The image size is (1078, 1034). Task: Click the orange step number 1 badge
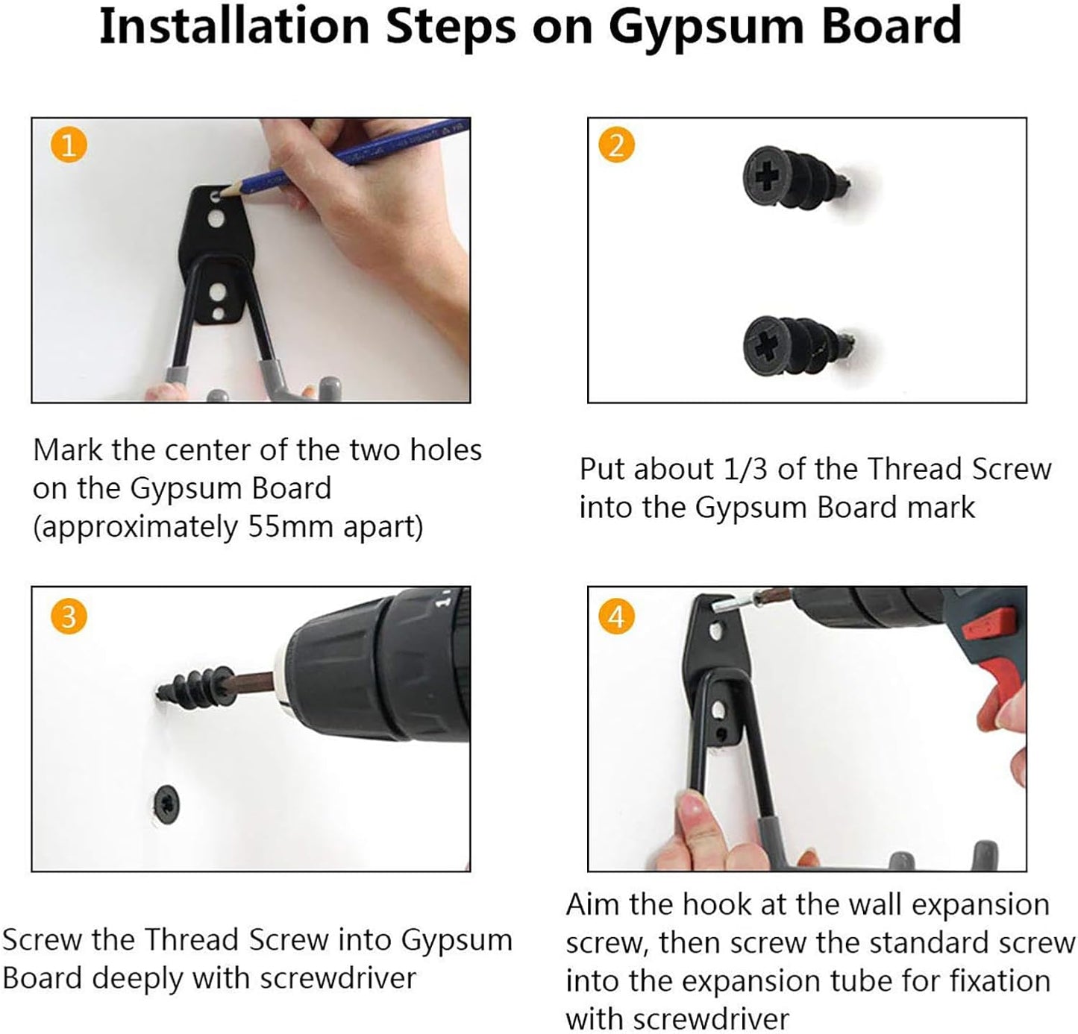[69, 145]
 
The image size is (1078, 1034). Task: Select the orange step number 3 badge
[69, 616]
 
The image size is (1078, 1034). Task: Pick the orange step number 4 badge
[616, 616]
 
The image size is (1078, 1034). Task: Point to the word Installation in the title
[234, 27]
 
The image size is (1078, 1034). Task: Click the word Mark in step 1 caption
[68, 450]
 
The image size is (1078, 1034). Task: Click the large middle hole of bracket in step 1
[216, 219]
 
